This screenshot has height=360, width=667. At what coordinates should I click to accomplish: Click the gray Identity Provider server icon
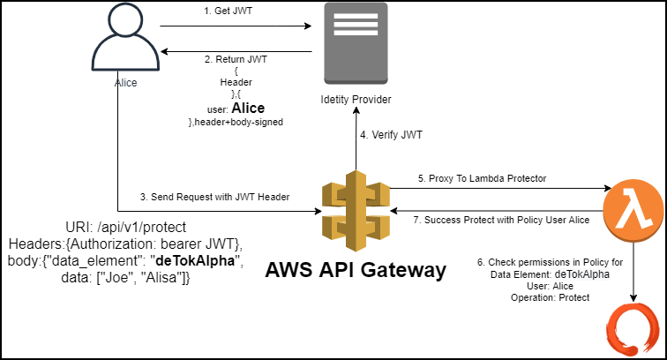(x=355, y=44)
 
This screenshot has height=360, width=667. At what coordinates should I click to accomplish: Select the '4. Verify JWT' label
(x=392, y=136)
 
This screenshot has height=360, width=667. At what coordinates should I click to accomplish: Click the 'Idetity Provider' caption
(x=356, y=99)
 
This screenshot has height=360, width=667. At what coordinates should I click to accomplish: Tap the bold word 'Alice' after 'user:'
(x=247, y=109)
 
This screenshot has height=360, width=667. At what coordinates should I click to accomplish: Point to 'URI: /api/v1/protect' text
(x=124, y=227)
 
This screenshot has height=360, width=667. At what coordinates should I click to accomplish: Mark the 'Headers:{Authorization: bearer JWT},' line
(x=124, y=244)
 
